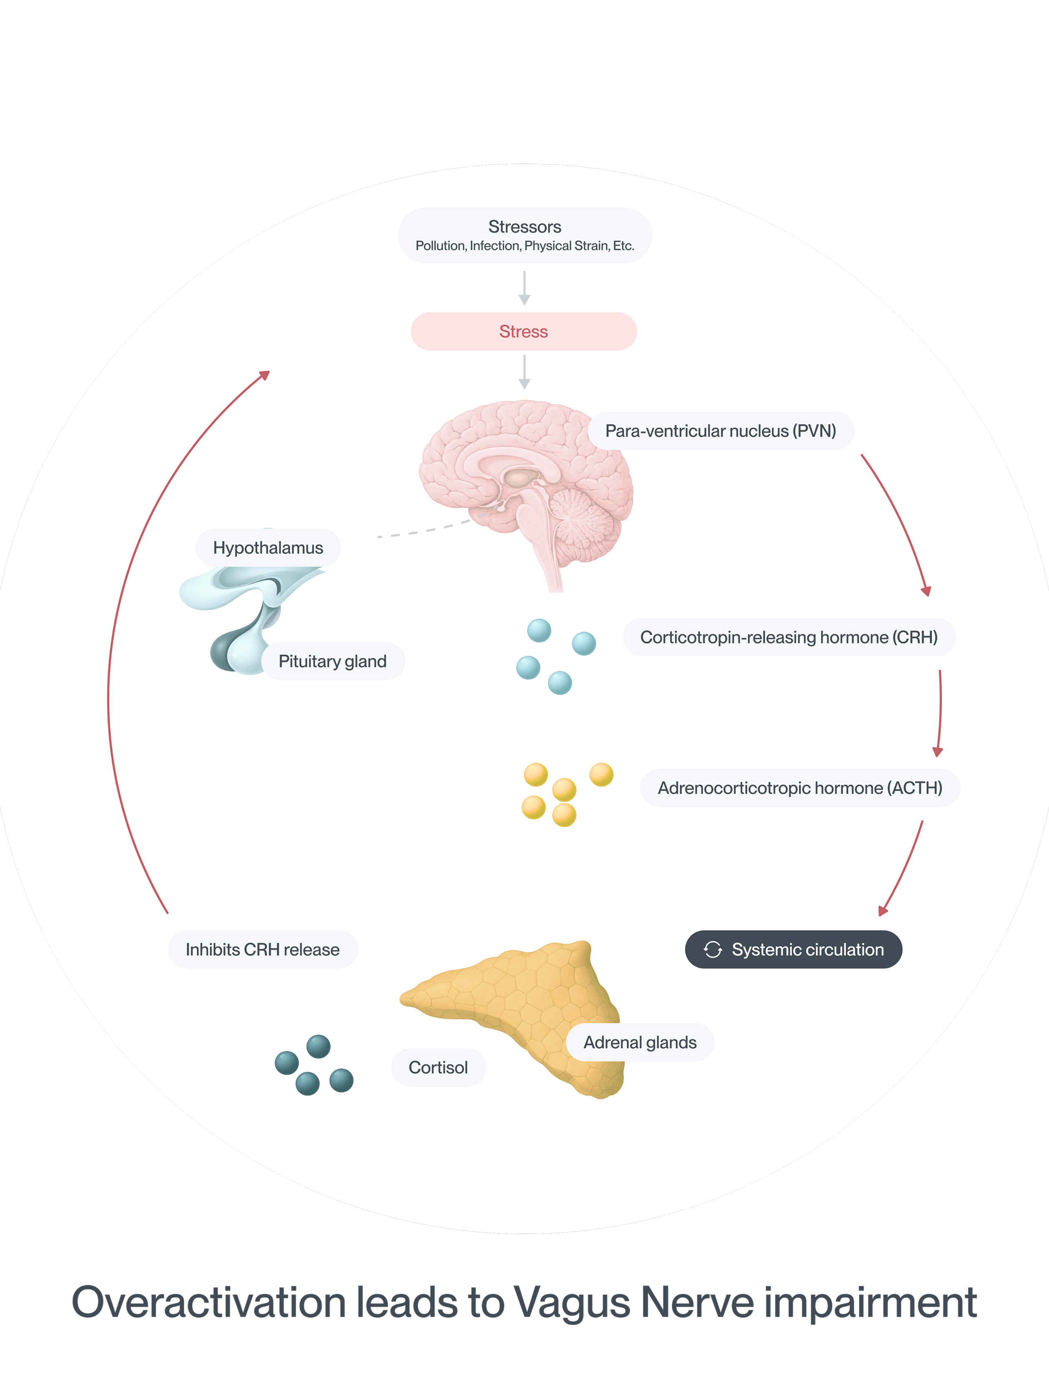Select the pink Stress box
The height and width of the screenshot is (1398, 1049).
click(x=524, y=331)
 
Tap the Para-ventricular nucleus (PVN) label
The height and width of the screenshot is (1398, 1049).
click(x=721, y=431)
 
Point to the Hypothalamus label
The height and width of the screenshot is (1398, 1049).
click(x=268, y=548)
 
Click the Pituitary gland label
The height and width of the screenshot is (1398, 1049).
click(x=332, y=661)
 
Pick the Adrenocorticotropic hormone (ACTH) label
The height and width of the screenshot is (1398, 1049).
click(x=800, y=787)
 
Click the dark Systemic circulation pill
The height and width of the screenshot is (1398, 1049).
click(x=793, y=949)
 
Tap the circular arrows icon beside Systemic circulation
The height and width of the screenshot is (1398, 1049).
click(x=712, y=949)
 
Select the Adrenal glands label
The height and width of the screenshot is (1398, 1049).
click(x=640, y=1042)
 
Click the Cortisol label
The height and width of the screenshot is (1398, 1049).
click(x=438, y=1067)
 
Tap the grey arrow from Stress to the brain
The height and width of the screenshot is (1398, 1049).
click(x=524, y=372)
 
